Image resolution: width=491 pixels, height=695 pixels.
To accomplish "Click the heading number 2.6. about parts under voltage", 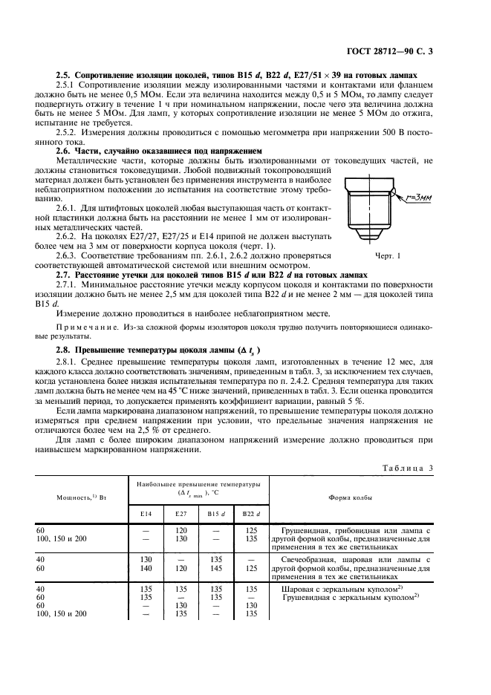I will pyautogui.click(x=65, y=150).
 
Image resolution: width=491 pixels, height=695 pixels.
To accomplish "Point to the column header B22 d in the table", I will pyautogui.click(x=250, y=512).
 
